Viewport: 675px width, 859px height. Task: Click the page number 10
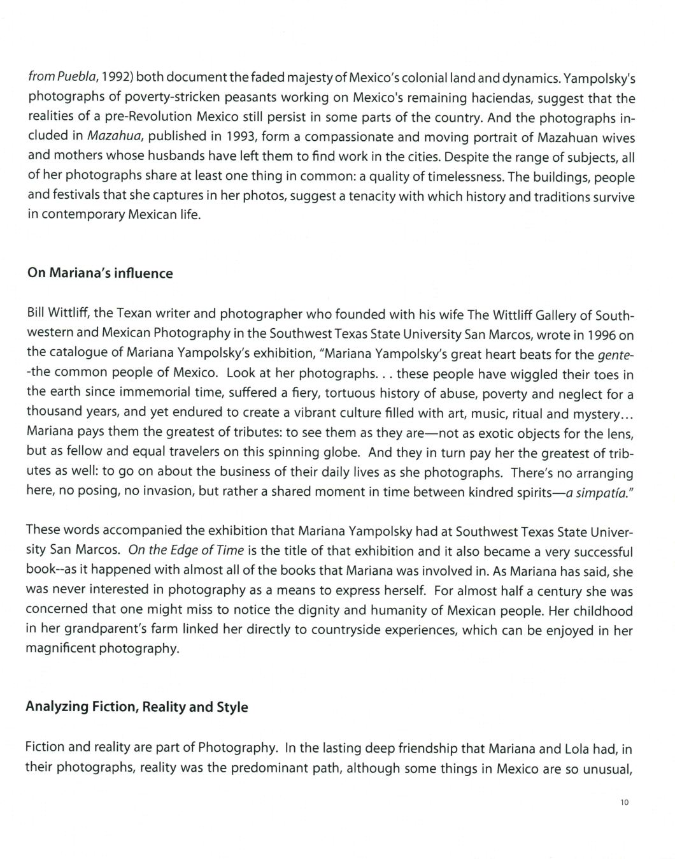pos(623,802)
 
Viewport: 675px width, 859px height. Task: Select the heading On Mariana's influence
pos(100,273)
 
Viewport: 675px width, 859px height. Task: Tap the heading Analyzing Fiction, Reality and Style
pos(136,707)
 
